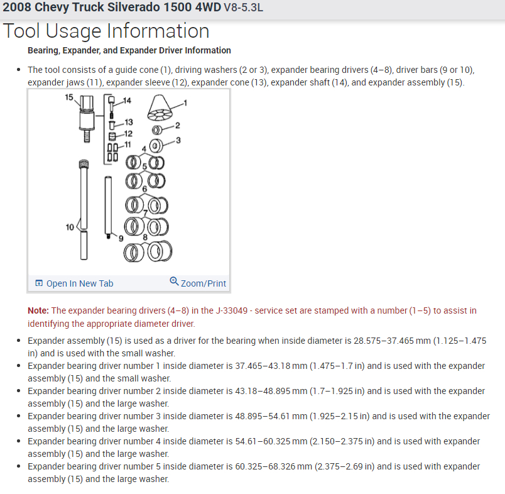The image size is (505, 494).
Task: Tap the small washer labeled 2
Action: click(x=159, y=130)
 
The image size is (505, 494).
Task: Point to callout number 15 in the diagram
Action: click(x=69, y=97)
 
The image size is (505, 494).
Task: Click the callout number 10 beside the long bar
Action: click(x=70, y=227)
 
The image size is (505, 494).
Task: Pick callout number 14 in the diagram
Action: click(x=128, y=101)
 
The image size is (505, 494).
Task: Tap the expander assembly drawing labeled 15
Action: click(x=86, y=116)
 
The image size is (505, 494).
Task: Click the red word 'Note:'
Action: click(x=38, y=310)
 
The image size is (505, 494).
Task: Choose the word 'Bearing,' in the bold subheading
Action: click(x=45, y=50)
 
